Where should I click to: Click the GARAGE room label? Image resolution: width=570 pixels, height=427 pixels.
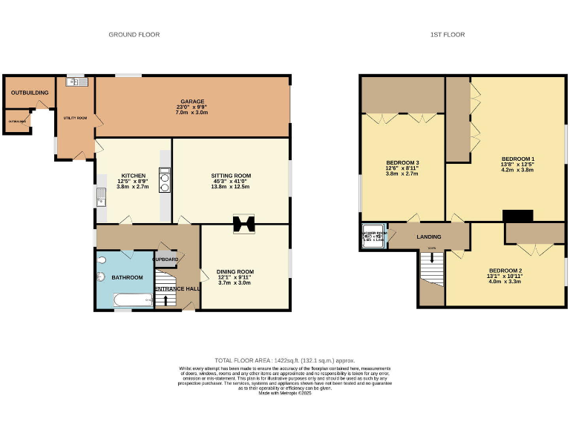point(191,102)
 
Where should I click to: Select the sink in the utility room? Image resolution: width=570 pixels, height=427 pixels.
point(76,82)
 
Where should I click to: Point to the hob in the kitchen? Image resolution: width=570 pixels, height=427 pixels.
point(164,181)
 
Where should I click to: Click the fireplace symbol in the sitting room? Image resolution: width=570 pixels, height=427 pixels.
point(243,224)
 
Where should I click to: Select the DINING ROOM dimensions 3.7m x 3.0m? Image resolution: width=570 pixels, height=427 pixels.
point(235,282)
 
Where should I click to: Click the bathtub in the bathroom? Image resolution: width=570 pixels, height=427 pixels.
point(132,299)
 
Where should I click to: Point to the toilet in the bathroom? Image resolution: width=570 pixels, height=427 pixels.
point(102,276)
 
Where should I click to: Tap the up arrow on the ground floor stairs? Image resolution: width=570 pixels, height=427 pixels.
point(165,299)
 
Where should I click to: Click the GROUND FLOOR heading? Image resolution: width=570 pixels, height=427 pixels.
point(134,35)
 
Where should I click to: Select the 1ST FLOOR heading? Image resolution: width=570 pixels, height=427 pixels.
point(448,35)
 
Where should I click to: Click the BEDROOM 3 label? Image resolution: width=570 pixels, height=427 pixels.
point(402,162)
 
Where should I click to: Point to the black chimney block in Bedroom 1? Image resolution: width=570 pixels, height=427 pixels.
point(517,216)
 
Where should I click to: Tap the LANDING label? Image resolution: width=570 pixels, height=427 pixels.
point(428,236)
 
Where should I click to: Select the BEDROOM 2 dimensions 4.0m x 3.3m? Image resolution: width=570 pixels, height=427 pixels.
point(505,282)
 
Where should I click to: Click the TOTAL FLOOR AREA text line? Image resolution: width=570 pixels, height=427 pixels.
point(284,358)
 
